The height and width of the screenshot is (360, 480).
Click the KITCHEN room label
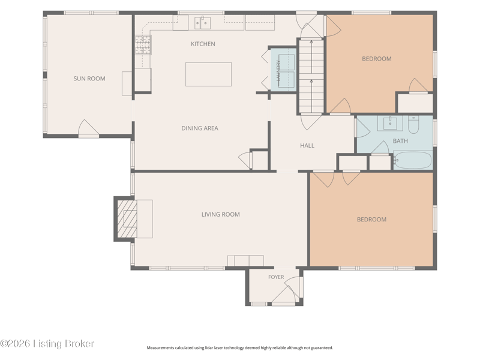pos(203,44)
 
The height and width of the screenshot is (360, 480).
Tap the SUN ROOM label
pos(89,79)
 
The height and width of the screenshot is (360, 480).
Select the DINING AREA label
pos(200,128)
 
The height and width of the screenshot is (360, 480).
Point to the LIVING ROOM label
pos(220,214)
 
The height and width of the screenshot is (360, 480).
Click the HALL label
pos(307,145)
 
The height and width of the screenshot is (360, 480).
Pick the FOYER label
pos(276,277)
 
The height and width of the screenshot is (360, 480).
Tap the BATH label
pos(400,141)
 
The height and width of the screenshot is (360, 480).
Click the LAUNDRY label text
pos(278,70)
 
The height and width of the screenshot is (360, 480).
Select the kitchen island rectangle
pos(208,74)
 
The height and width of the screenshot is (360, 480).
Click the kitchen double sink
pos(202,23)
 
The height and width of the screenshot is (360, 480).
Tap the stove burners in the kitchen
pos(143,44)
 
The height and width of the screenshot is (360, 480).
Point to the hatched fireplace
pos(127,219)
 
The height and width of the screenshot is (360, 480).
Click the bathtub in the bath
pos(413,160)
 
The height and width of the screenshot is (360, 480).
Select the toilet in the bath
pos(413,125)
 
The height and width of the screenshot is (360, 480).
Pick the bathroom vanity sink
pos(390,123)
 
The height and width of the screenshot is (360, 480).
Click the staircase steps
pos(311,76)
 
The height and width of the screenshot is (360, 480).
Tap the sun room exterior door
pos(88,128)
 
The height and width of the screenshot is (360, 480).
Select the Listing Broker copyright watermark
pos(47,343)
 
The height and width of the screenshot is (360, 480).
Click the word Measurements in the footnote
pos(160,348)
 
